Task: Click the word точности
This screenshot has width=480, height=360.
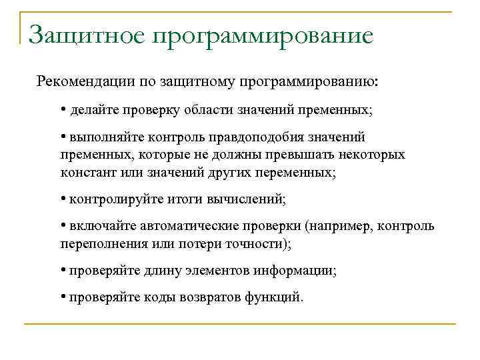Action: point(260,243)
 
